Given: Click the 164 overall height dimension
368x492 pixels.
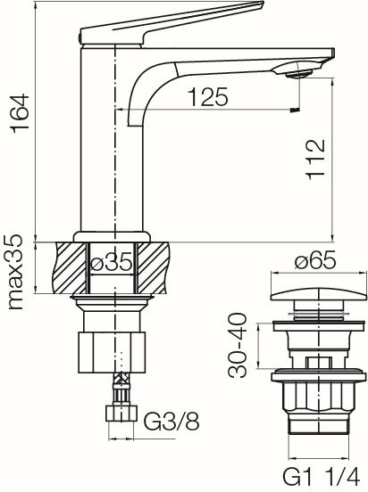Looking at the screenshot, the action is (x=21, y=114).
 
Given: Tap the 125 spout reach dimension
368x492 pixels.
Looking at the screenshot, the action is (x=208, y=96).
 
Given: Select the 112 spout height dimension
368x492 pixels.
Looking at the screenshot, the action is (x=316, y=160).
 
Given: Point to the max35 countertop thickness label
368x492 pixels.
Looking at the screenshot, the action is (x=16, y=272).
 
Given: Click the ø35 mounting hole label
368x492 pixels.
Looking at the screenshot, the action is (x=112, y=262).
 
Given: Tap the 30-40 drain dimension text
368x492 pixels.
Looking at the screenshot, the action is (x=238, y=345).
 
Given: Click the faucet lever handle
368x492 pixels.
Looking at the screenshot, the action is (x=171, y=23).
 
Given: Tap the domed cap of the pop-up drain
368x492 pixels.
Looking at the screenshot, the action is (x=319, y=295).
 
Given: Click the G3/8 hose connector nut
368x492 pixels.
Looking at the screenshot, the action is (x=121, y=414).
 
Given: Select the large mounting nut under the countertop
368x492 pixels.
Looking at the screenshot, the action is (x=113, y=352).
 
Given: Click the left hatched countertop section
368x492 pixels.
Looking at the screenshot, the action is (x=71, y=268).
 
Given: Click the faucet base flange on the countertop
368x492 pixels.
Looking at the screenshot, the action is (x=112, y=237).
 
